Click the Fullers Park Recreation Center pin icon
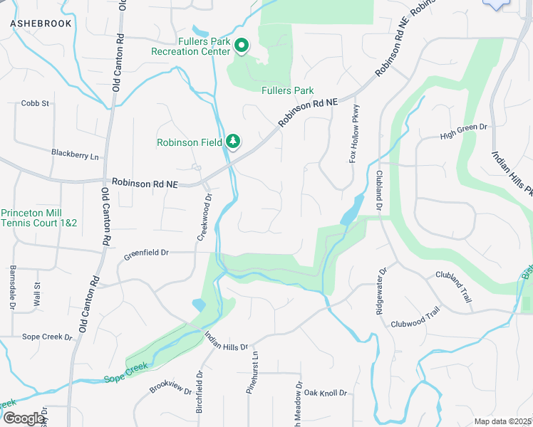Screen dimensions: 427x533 pos(241,46)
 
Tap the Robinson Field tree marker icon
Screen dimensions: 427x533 pos(232,142)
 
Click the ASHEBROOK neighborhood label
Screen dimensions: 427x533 pos(41,23)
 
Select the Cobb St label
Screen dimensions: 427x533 pos(35,103)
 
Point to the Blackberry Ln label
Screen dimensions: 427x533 pos(75,153)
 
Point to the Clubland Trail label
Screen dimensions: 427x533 pos(454,285)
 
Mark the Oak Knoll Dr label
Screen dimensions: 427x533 pos(325,393)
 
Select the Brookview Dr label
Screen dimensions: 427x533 pos(167,386)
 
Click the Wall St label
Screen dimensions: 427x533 pos(36,295)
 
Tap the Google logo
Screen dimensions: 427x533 pos(24,418)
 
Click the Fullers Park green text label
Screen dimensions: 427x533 pos(288,91)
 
